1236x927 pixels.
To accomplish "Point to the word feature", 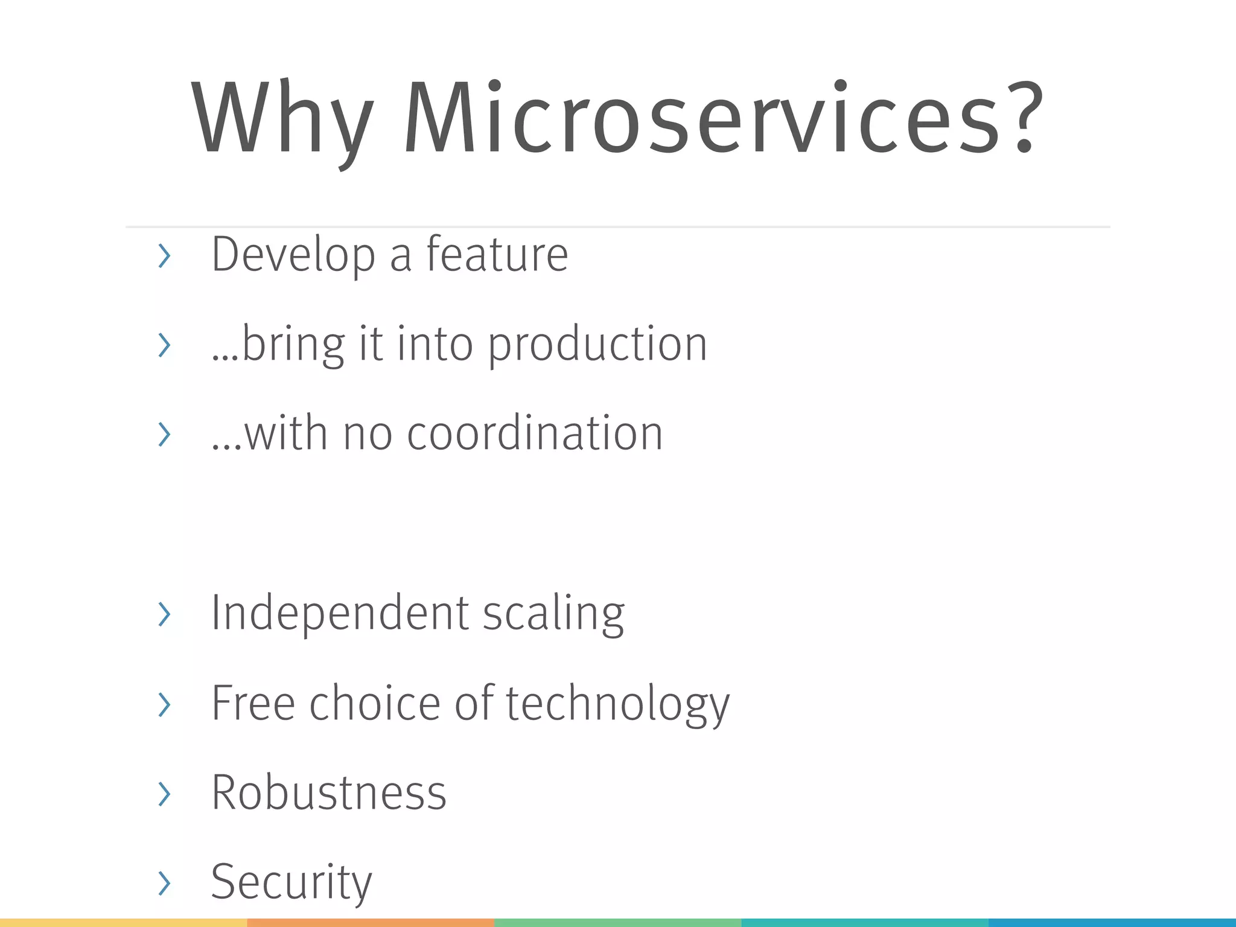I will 497,255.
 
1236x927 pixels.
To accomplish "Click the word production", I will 597,345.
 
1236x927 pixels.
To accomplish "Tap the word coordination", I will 535,433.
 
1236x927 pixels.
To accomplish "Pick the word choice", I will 375,704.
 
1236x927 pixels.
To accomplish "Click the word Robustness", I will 329,792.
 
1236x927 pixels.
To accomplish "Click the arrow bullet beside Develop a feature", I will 164,256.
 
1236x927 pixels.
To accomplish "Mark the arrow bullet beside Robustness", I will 164,794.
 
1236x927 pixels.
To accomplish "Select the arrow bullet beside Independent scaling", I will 164,614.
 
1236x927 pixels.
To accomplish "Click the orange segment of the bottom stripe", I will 371,922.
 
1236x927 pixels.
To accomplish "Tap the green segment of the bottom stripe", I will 617,922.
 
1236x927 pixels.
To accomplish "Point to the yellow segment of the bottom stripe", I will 123,922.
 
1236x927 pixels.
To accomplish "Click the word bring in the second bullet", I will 293,345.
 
